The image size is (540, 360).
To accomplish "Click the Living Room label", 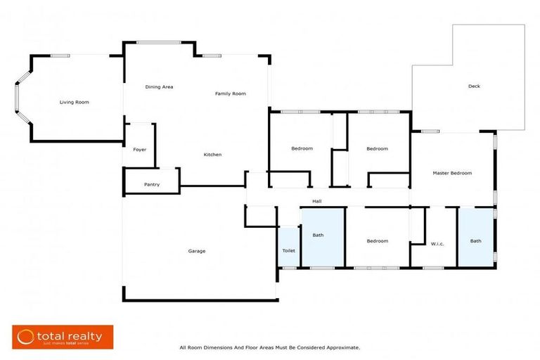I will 74,103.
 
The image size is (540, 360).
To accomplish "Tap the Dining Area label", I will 159,87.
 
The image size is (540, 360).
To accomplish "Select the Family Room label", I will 230,94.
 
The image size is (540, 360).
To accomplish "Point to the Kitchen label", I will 212,155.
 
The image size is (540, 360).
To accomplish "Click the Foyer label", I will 139,150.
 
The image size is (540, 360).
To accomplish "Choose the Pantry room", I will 151,184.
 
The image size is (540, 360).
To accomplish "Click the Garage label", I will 197,251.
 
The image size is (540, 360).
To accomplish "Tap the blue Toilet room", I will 288,250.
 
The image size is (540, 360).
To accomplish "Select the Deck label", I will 474,86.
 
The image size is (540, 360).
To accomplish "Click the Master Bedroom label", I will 452,173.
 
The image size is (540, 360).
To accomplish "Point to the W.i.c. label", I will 438,243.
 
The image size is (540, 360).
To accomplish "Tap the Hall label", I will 317,201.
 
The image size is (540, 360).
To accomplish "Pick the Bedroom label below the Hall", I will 377,241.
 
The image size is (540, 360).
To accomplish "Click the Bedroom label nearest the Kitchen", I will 302,148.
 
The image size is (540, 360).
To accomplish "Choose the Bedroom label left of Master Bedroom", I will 377,148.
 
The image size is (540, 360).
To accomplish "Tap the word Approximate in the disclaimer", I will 341,347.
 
